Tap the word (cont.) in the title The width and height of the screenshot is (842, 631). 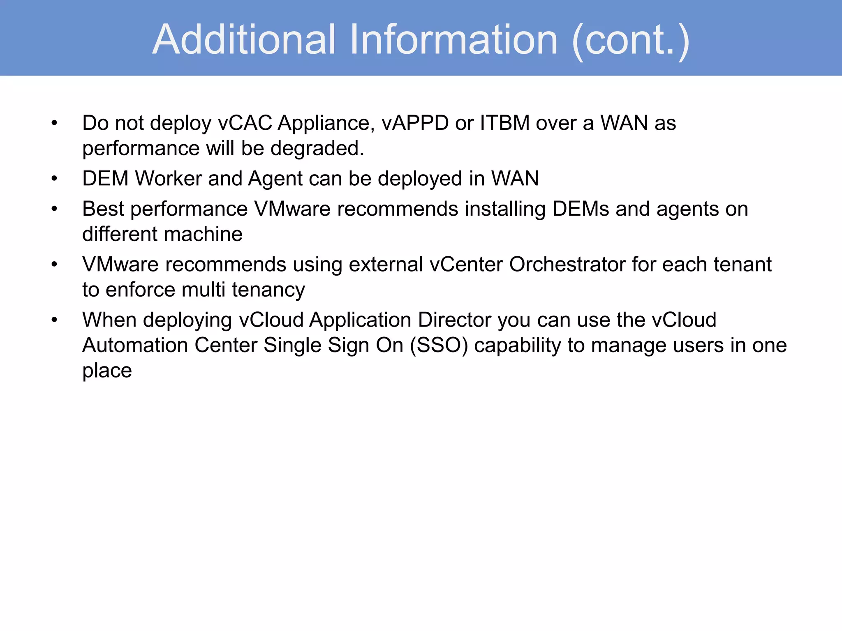631,40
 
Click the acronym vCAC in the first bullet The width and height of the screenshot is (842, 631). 245,123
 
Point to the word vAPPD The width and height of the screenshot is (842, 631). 415,123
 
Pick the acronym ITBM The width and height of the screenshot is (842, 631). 504,123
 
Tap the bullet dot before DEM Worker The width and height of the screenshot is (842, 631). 54,179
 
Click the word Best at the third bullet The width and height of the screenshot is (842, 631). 103,209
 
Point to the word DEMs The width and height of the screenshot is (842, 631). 580,209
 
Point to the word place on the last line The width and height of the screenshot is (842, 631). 107,371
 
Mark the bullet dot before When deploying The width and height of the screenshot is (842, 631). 54,320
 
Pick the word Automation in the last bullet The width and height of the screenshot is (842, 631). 135,345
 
